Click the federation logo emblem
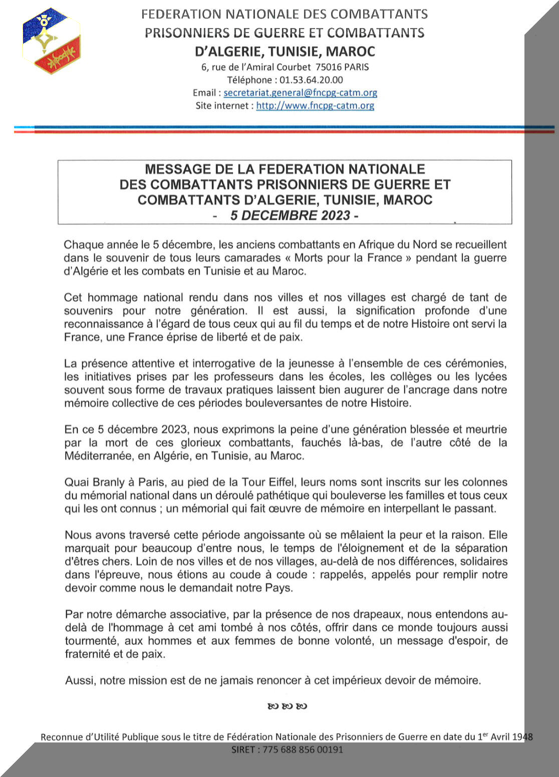pos(52,41)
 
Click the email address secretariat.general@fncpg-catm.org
pos(300,93)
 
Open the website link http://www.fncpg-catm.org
pos(315,106)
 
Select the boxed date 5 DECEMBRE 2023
pos(290,216)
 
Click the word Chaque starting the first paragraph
pos(83,245)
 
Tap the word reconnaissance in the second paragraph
pos(104,324)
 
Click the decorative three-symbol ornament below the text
pos(287,706)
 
